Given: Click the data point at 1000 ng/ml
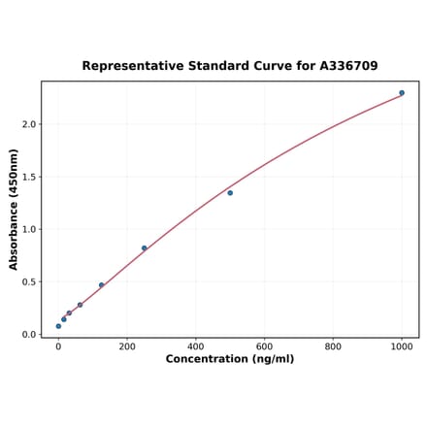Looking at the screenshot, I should coord(402,93).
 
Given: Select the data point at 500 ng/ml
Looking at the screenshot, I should coord(230,193).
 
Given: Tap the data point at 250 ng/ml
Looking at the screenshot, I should coord(145,248).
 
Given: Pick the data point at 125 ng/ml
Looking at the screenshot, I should coord(101,285).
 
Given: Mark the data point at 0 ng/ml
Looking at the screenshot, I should coord(58,326).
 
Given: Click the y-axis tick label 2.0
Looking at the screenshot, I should coord(29,124).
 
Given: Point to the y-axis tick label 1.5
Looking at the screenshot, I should coord(29,177).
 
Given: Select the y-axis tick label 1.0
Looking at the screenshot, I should coord(29,230).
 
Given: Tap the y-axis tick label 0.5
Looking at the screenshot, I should coord(29,282).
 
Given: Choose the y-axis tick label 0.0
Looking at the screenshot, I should coord(29,335).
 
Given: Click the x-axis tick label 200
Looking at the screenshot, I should coord(127,346).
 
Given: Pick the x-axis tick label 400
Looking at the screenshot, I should coord(196,346).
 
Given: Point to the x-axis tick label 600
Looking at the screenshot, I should coord(265,346).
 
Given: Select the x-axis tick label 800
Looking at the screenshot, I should coord(333,346).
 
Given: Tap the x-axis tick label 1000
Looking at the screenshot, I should coord(402,346).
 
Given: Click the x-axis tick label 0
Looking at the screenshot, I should coord(58,346).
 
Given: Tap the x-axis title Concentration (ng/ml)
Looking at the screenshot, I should coord(230,359).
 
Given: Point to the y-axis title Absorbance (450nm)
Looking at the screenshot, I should coord(14,209).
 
